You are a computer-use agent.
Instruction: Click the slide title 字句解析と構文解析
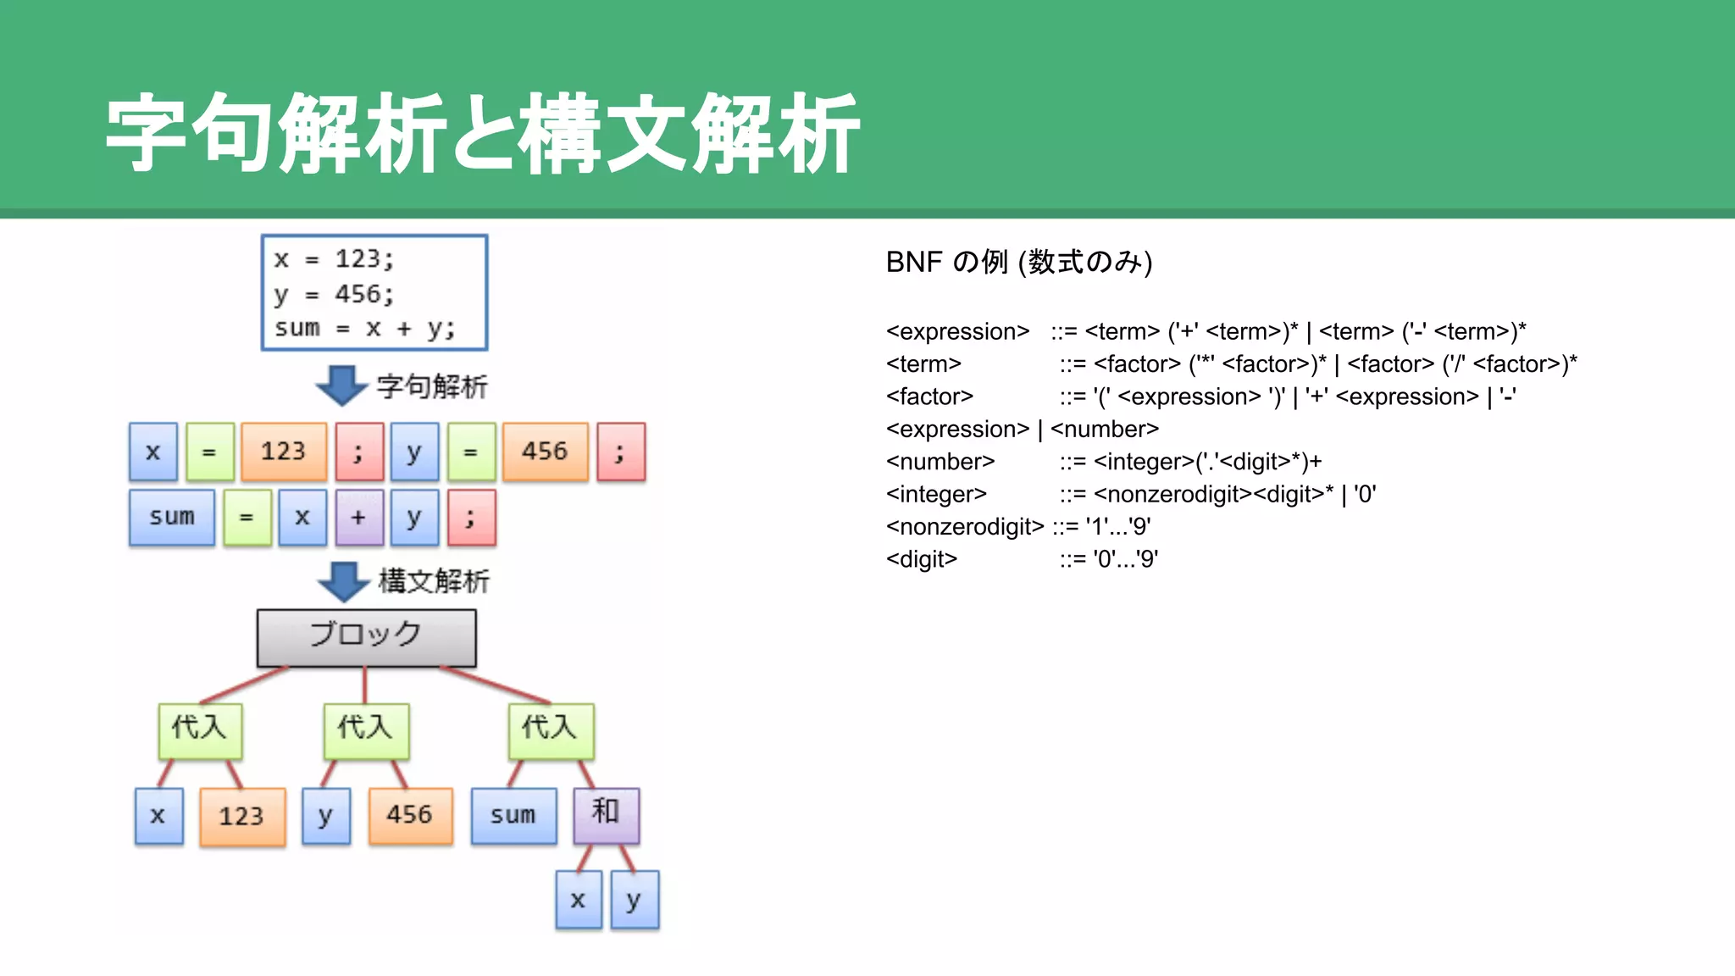(x=483, y=134)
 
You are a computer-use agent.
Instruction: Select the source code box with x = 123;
(x=374, y=293)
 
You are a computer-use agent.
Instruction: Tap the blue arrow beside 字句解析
(x=341, y=385)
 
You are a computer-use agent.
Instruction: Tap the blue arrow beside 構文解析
(x=343, y=581)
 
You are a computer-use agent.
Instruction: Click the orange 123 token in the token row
(x=283, y=452)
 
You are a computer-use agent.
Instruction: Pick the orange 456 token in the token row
(x=545, y=452)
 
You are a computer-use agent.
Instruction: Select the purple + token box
(x=358, y=517)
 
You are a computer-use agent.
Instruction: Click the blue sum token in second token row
(x=172, y=517)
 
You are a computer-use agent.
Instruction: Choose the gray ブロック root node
(x=366, y=637)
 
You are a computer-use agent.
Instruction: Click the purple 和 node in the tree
(x=606, y=814)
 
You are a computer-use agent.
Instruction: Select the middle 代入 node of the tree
(x=366, y=729)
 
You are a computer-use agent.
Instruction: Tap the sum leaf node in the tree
(x=513, y=815)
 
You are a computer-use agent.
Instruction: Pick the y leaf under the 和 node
(x=634, y=900)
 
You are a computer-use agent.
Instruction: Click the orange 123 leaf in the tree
(x=241, y=816)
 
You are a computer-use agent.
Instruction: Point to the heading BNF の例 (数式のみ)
(x=1018, y=262)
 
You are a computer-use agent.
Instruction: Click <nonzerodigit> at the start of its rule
(x=965, y=527)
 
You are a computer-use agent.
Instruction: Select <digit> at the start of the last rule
(x=921, y=559)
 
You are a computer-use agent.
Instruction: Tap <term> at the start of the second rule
(x=923, y=364)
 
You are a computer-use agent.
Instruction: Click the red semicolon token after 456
(x=620, y=452)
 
